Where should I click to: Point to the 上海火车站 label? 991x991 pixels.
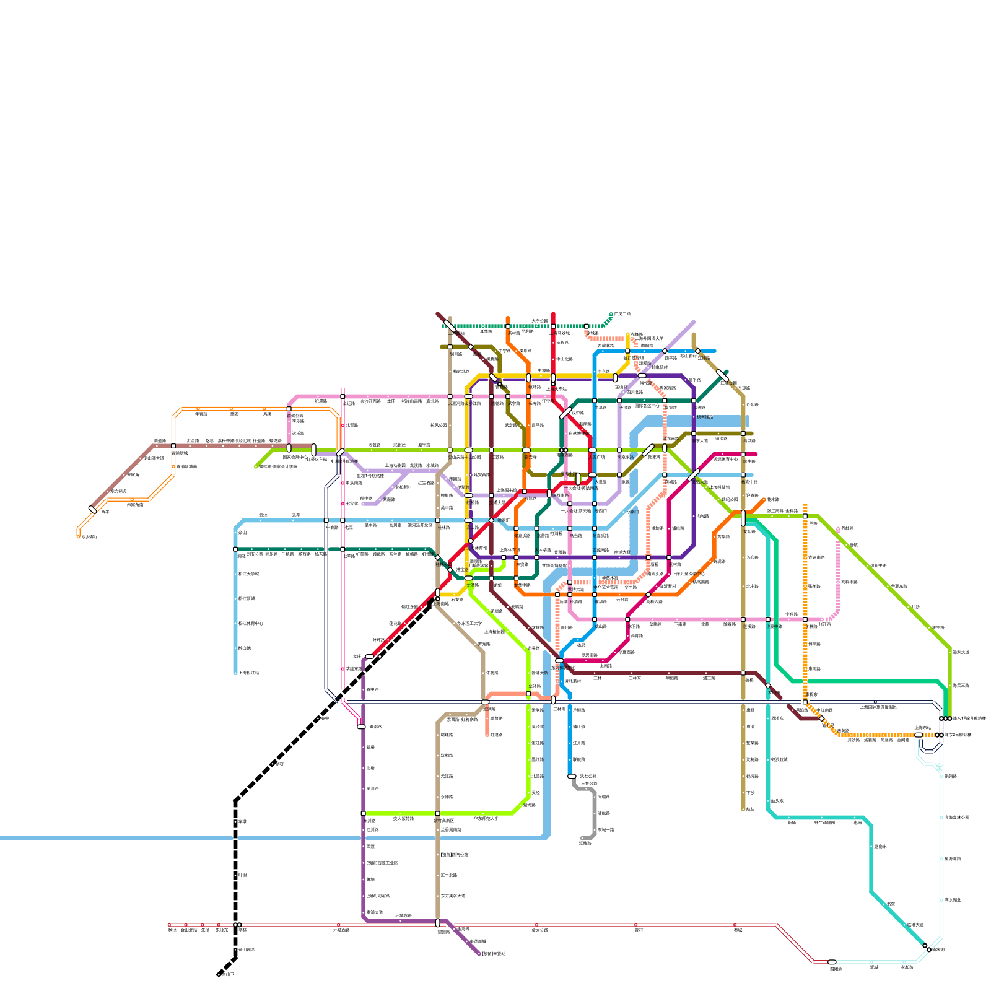pos(557,389)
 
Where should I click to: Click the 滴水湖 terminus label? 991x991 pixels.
pos(938,950)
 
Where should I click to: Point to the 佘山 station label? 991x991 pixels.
pos(243,532)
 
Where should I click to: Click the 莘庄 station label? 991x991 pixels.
pos(357,656)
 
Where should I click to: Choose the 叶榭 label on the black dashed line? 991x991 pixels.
pos(243,875)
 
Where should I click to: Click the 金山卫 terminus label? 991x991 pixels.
pos(228,974)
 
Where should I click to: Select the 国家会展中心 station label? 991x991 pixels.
pos(295,457)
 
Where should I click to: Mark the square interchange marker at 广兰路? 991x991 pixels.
pos(805,516)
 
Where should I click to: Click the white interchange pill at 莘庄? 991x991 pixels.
pos(369,656)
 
